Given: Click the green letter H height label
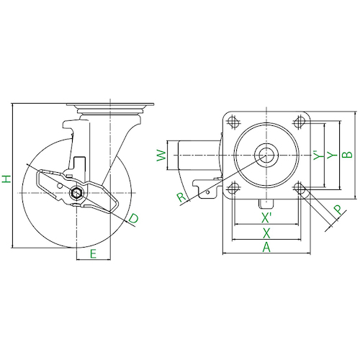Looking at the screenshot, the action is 6,179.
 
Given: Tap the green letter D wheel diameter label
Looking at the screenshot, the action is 133,219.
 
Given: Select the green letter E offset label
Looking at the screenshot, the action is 93,254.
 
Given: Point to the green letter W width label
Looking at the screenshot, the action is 161,156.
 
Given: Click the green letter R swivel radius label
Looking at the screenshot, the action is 181,197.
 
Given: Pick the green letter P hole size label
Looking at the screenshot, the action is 338,210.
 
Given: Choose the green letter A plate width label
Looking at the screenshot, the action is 266,248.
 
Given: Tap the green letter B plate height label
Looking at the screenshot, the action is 347,155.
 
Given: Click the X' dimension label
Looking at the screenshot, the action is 266,218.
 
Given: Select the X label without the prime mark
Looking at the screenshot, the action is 266,233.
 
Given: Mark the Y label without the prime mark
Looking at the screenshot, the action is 333,156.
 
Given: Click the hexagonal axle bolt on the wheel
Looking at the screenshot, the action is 76,193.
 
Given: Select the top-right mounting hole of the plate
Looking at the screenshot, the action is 300,122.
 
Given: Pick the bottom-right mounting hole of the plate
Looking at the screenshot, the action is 300,187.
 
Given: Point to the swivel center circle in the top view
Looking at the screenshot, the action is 266,155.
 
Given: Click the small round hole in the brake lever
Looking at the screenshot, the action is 59,186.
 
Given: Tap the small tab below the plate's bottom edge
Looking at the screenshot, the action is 266,204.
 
